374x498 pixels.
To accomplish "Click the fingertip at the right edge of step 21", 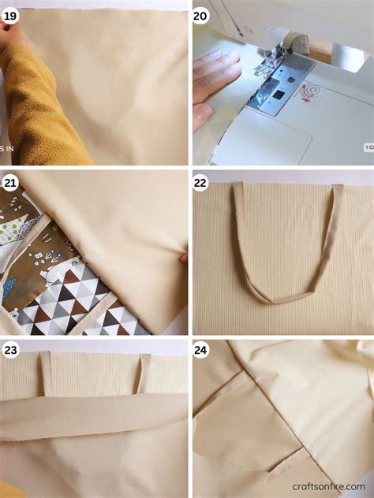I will (184, 258).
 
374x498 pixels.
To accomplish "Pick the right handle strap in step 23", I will (144, 372).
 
